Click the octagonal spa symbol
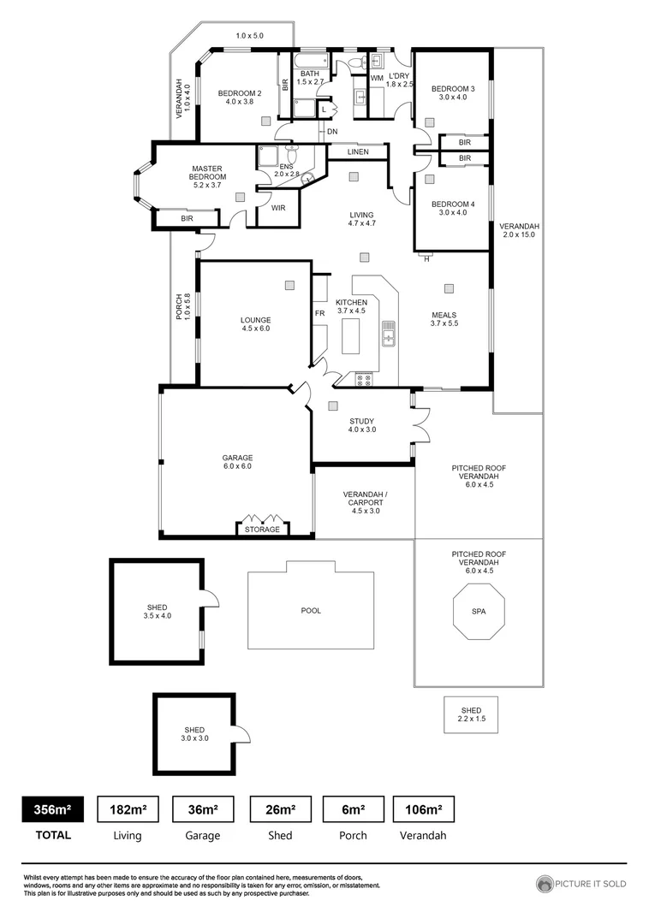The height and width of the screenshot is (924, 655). pos(479,612)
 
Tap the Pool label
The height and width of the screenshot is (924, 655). pos(311,612)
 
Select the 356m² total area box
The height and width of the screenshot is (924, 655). pos(52,809)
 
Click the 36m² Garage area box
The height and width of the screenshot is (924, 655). pos(203,809)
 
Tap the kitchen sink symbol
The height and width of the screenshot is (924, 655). pos(389,334)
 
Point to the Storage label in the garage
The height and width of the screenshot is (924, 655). pos(262,530)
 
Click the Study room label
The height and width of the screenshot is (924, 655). pos(362,424)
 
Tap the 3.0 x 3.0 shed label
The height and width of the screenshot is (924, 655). pos(193,734)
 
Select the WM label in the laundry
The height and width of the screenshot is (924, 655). pos(376,79)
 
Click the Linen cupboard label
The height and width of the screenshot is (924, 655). pos(358,152)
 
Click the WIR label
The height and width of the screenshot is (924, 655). pos(278,208)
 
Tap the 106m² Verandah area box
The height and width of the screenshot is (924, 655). pos(423,809)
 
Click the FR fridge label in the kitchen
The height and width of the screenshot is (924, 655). pos(319,314)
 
